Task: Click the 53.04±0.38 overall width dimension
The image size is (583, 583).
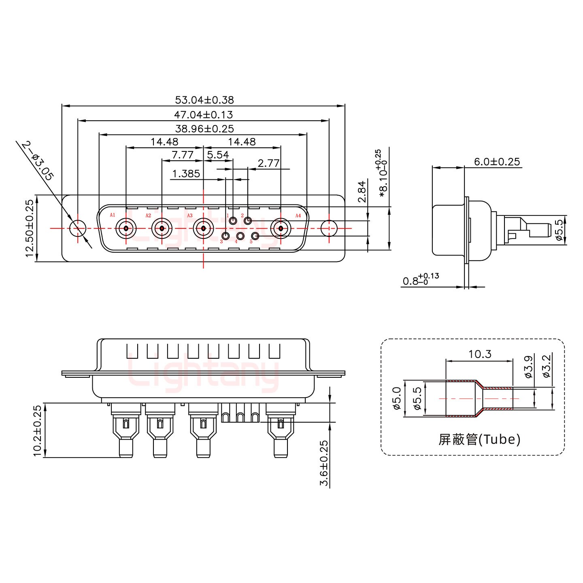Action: click(x=204, y=100)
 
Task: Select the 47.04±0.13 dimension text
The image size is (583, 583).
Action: click(x=203, y=115)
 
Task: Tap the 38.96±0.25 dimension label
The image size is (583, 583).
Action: click(x=204, y=129)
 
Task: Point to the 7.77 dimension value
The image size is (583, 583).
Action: click(x=182, y=155)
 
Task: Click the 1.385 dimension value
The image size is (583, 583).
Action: click(x=186, y=174)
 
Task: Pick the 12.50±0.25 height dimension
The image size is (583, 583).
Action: click(x=29, y=228)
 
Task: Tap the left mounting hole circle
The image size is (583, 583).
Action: click(x=78, y=228)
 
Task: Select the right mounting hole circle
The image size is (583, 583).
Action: click(x=329, y=228)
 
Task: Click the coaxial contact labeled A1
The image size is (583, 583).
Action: click(x=126, y=229)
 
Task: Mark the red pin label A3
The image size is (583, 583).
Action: click(x=190, y=215)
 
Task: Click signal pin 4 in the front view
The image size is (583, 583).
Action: click(x=240, y=236)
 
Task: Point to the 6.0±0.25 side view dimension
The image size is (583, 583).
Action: click(x=497, y=162)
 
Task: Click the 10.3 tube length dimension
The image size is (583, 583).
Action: click(x=480, y=354)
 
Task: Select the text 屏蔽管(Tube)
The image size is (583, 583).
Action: click(x=479, y=439)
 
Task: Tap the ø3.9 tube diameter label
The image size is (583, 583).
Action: click(x=528, y=367)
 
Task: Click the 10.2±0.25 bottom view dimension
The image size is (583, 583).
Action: click(x=37, y=431)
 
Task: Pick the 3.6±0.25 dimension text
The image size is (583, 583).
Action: click(x=324, y=463)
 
